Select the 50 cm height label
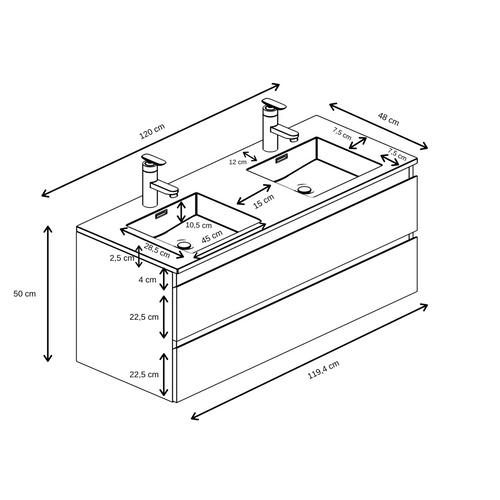coord(23,293)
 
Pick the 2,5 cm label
coord(122,258)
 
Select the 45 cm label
coord(211,238)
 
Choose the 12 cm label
coord(237,161)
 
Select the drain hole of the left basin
coord(183,243)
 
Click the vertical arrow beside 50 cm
coord(48,293)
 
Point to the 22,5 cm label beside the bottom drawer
coord(145,374)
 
